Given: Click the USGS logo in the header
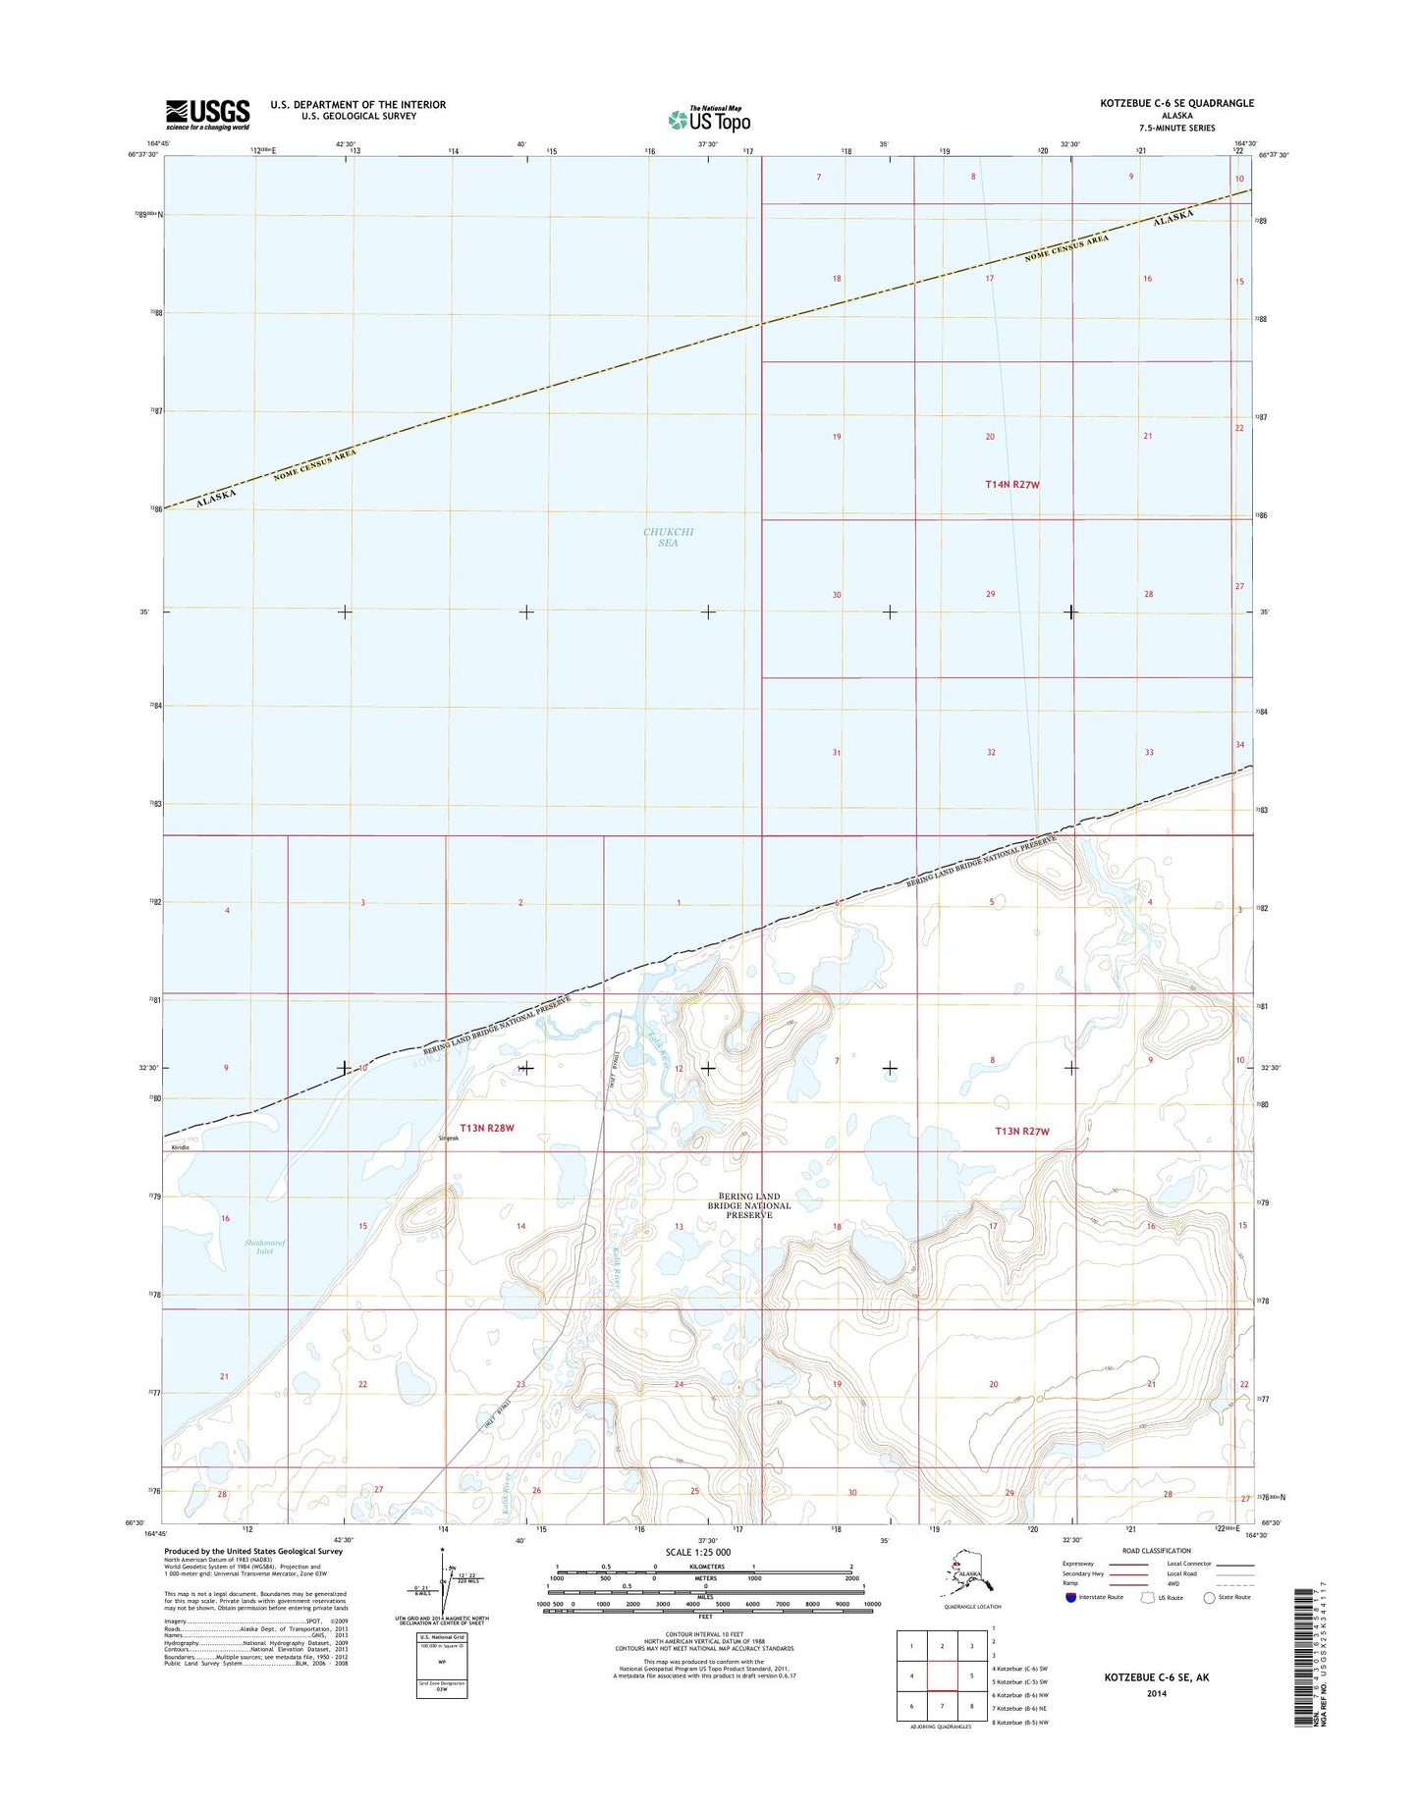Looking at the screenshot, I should pyautogui.click(x=207, y=114).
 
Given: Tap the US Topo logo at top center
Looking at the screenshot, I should pyautogui.click(x=709, y=119).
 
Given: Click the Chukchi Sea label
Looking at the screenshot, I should pyautogui.click(x=668, y=537).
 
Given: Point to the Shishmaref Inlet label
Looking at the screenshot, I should pyautogui.click(x=258, y=1247).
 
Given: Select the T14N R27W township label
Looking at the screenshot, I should pyautogui.click(x=1011, y=484).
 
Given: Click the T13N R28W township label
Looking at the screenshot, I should pyautogui.click(x=487, y=1128).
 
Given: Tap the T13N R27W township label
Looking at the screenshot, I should pyautogui.click(x=1022, y=1132).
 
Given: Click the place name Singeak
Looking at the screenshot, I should pyautogui.click(x=448, y=1139).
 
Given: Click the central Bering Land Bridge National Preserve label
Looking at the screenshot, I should pyautogui.click(x=749, y=1205).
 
